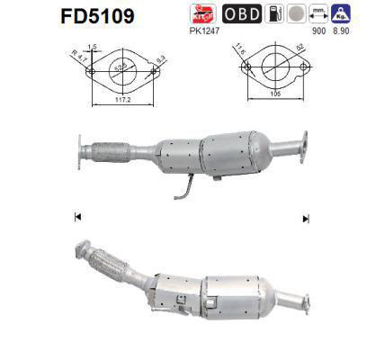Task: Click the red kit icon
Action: coord(201,13)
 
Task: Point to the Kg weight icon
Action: coord(342,13)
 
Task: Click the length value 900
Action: coord(317,30)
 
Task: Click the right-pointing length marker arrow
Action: coord(305,218)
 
